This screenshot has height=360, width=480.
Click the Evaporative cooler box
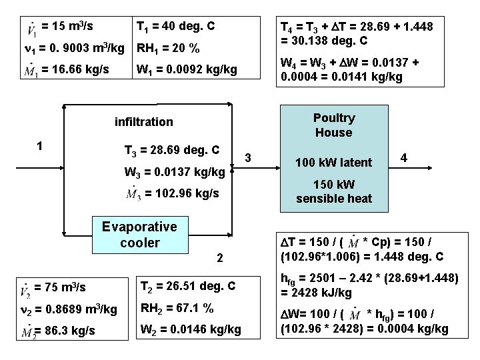tap(139, 233)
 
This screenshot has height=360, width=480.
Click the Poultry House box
tap(334, 125)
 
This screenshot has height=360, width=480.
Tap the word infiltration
tap(143, 122)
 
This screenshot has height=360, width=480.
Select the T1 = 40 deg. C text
tap(175, 27)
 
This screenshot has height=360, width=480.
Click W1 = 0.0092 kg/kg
tap(186, 69)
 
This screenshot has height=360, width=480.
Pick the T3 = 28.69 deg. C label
tap(172, 151)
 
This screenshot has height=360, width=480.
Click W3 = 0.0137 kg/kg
tap(175, 173)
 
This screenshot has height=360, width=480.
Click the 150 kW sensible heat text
tap(334, 191)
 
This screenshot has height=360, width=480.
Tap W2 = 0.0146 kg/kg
tap(190, 329)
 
